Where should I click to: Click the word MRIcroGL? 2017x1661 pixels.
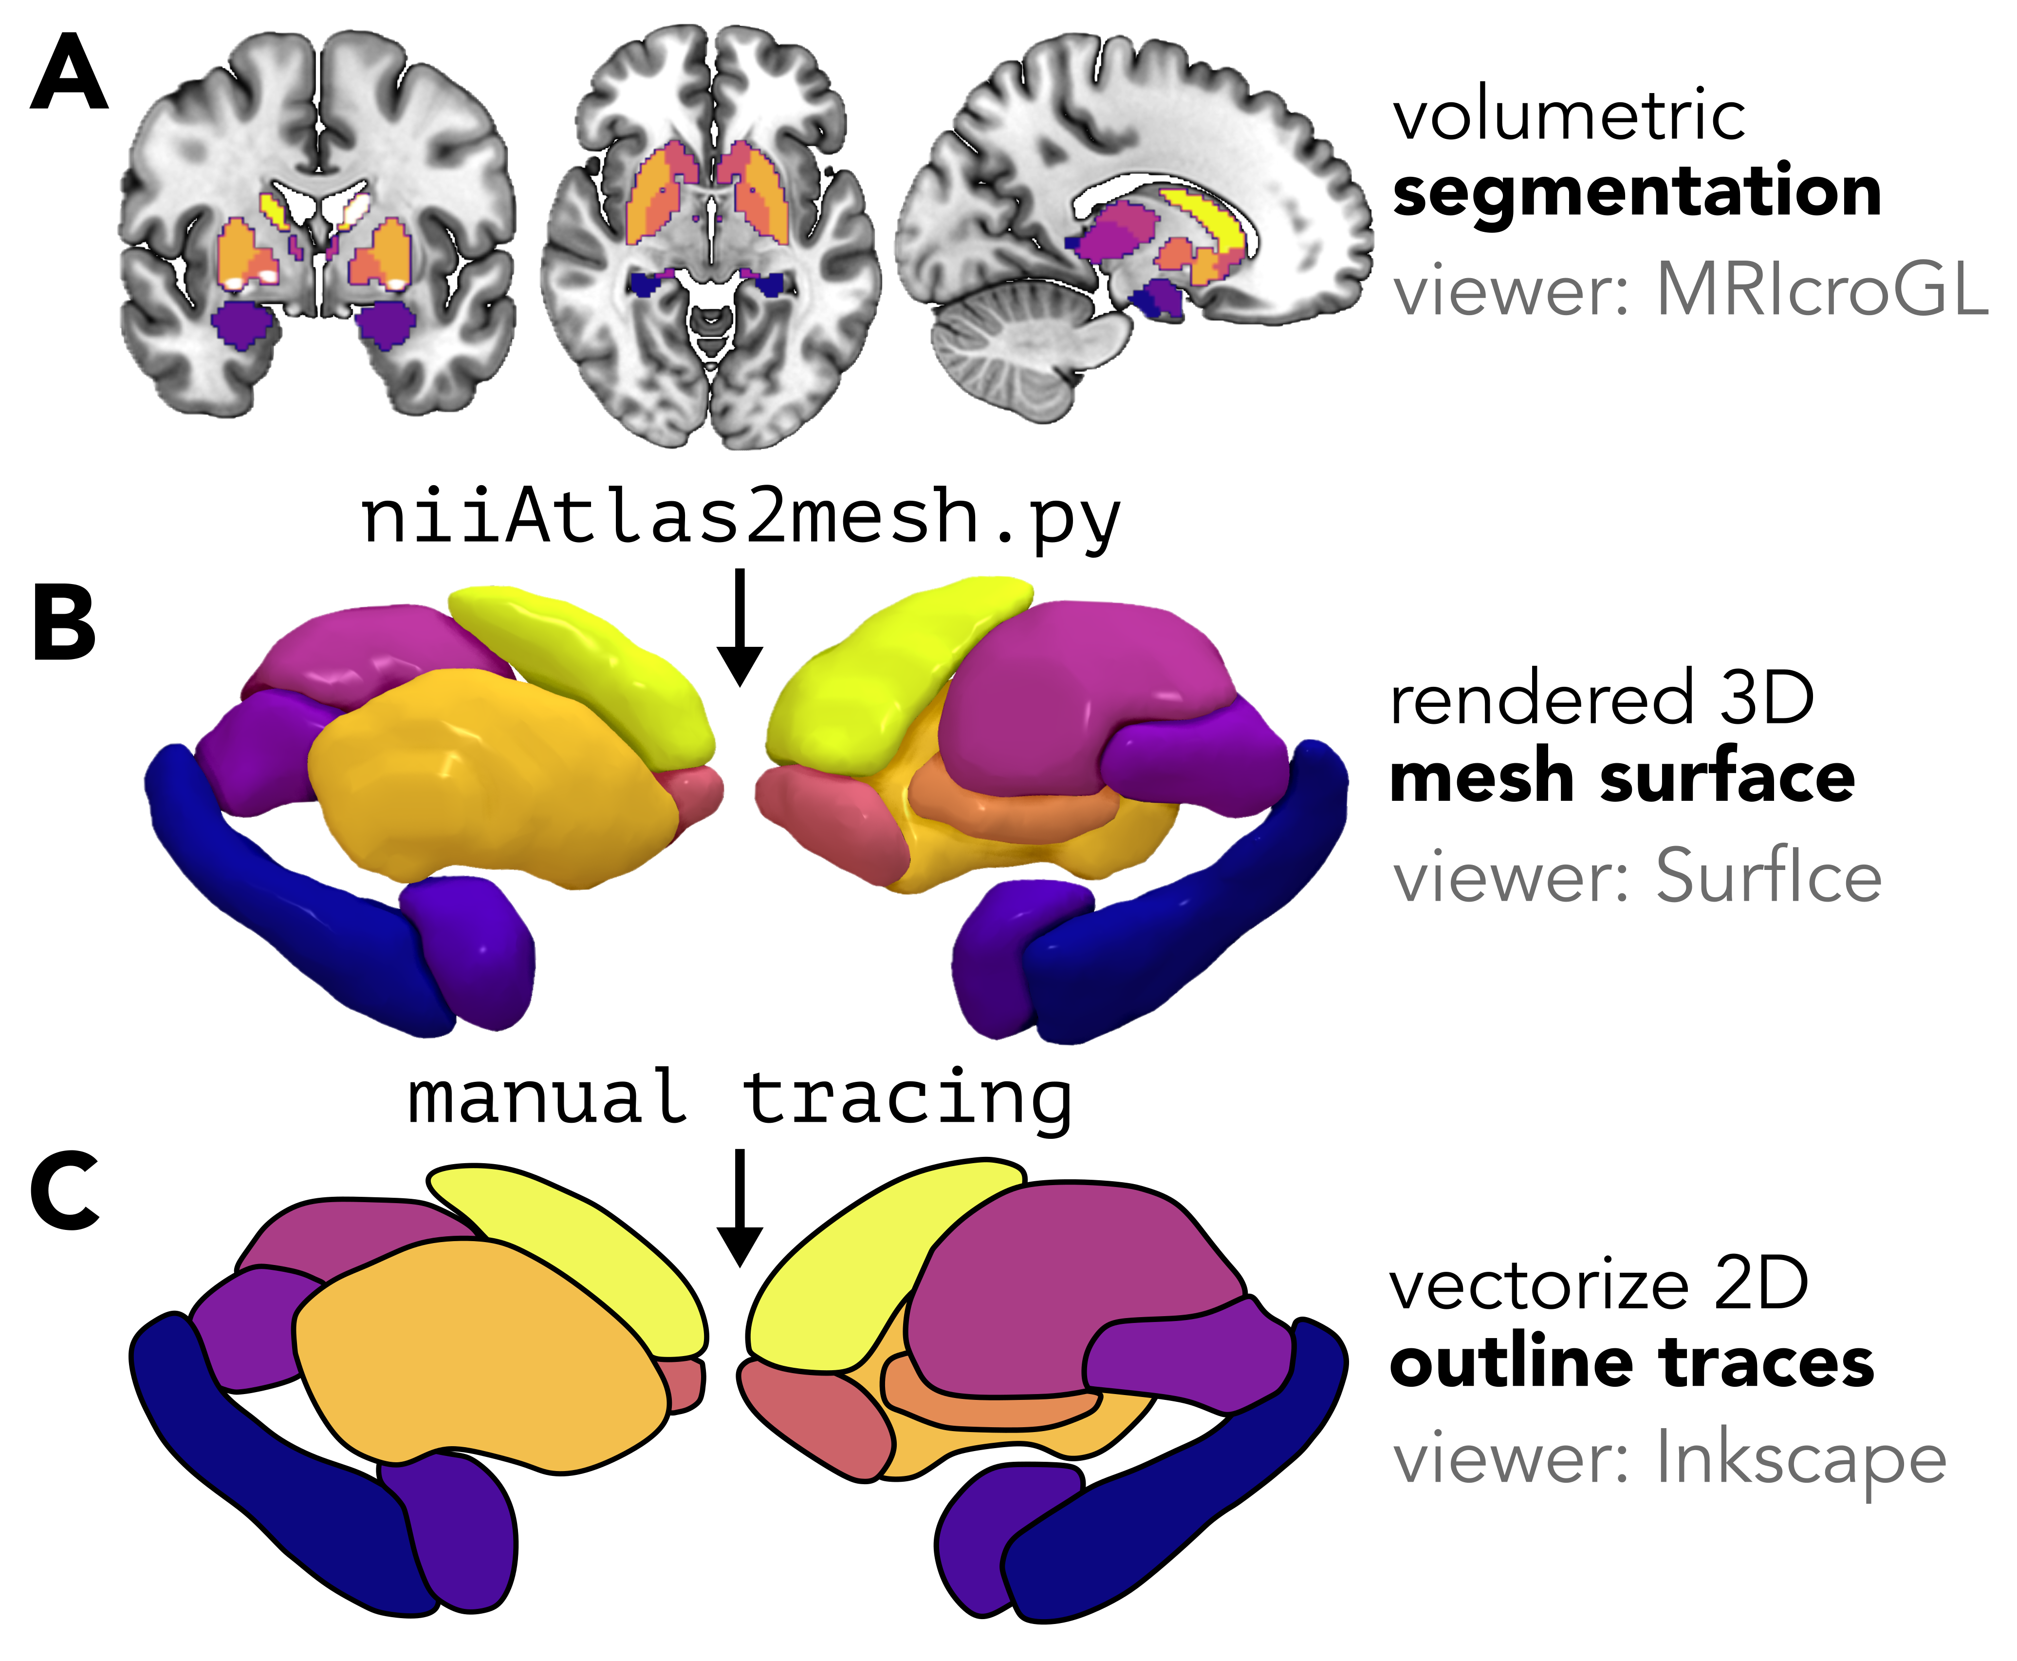pos(1822,289)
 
